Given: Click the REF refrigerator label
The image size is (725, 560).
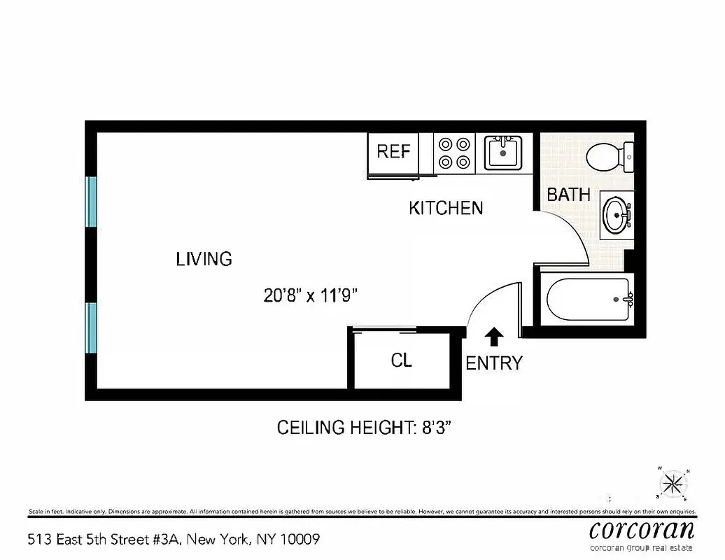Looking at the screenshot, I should (393, 151).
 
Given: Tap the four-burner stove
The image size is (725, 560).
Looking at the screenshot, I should (453, 153).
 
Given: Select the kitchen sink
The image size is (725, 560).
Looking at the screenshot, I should (503, 152).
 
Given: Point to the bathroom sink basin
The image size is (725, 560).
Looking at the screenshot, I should (617, 215).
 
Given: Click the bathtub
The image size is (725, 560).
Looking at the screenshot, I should (589, 300).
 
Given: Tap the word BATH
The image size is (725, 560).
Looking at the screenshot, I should (568, 195).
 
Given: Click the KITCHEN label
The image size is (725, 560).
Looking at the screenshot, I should (446, 208).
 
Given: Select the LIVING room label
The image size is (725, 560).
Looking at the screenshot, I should (204, 259).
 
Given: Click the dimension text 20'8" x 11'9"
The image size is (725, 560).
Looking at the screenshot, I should (311, 295).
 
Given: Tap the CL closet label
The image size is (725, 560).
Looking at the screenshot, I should (401, 360).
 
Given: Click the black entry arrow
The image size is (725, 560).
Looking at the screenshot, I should (494, 337).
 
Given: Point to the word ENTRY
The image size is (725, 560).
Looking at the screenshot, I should (494, 363).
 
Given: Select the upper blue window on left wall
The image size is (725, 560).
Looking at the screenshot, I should (91, 202).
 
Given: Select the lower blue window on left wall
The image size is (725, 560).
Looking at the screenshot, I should (91, 328).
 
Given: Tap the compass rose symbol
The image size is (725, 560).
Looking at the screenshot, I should (673, 483).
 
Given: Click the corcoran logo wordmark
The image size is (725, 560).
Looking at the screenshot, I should (642, 528).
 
